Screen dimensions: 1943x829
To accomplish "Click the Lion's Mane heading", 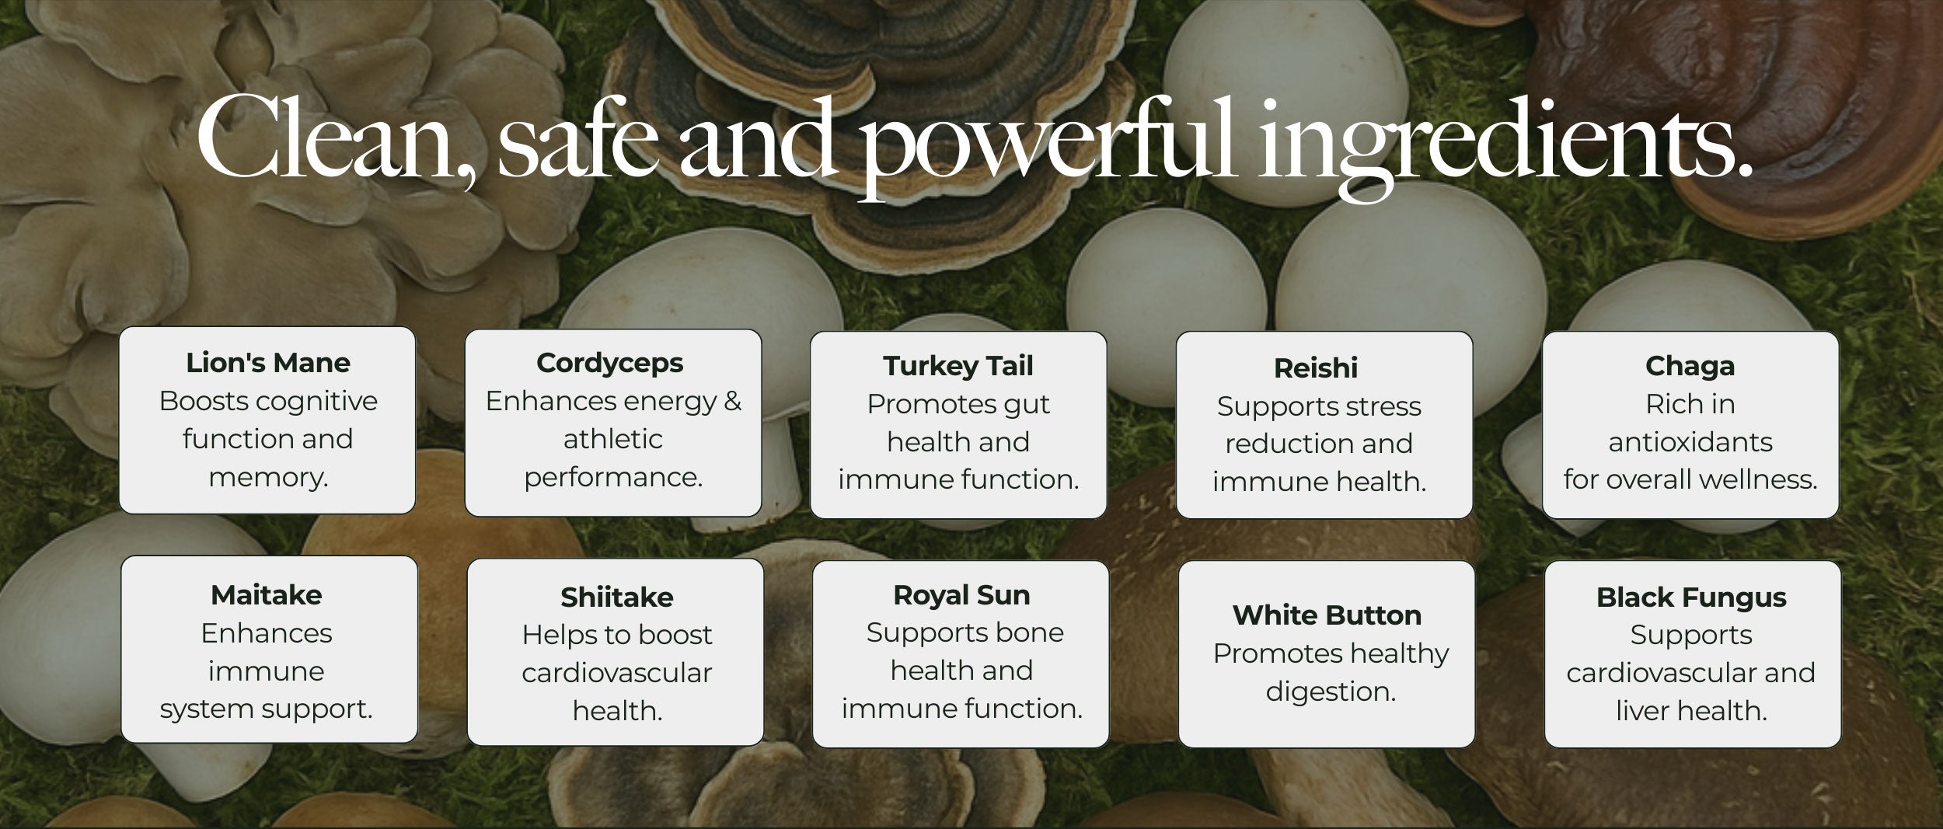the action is [268, 363].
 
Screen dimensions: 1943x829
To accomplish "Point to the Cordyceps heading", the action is [610, 364].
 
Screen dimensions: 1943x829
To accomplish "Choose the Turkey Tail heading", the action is [958, 366].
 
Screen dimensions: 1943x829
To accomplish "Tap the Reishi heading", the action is [1316, 368].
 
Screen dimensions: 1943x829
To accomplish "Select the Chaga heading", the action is [1690, 367].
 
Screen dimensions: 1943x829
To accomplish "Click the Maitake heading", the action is [267, 595].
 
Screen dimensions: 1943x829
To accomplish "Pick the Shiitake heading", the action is [617, 597].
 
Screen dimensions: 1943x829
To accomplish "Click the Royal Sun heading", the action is [961, 596].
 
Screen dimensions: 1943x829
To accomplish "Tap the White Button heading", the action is [1327, 615].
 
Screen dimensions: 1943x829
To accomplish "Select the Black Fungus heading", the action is [1691, 598].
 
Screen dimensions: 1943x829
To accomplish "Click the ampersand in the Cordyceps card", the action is [732, 402].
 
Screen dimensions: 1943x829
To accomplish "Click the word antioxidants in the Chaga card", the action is [1690, 443].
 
